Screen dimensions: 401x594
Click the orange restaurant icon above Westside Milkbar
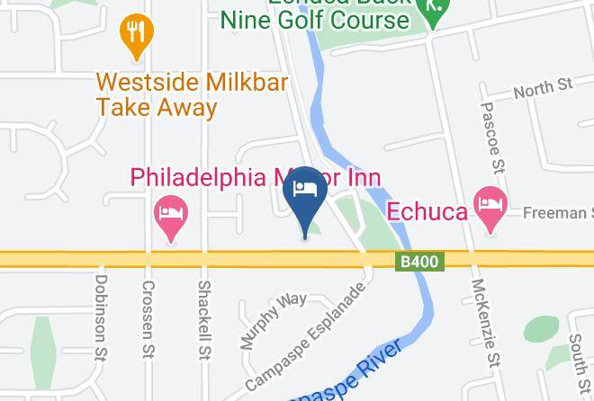point(137,33)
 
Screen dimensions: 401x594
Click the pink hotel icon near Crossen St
point(171,214)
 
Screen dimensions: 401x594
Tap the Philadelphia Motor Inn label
point(256,177)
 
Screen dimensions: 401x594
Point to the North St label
point(543,88)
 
